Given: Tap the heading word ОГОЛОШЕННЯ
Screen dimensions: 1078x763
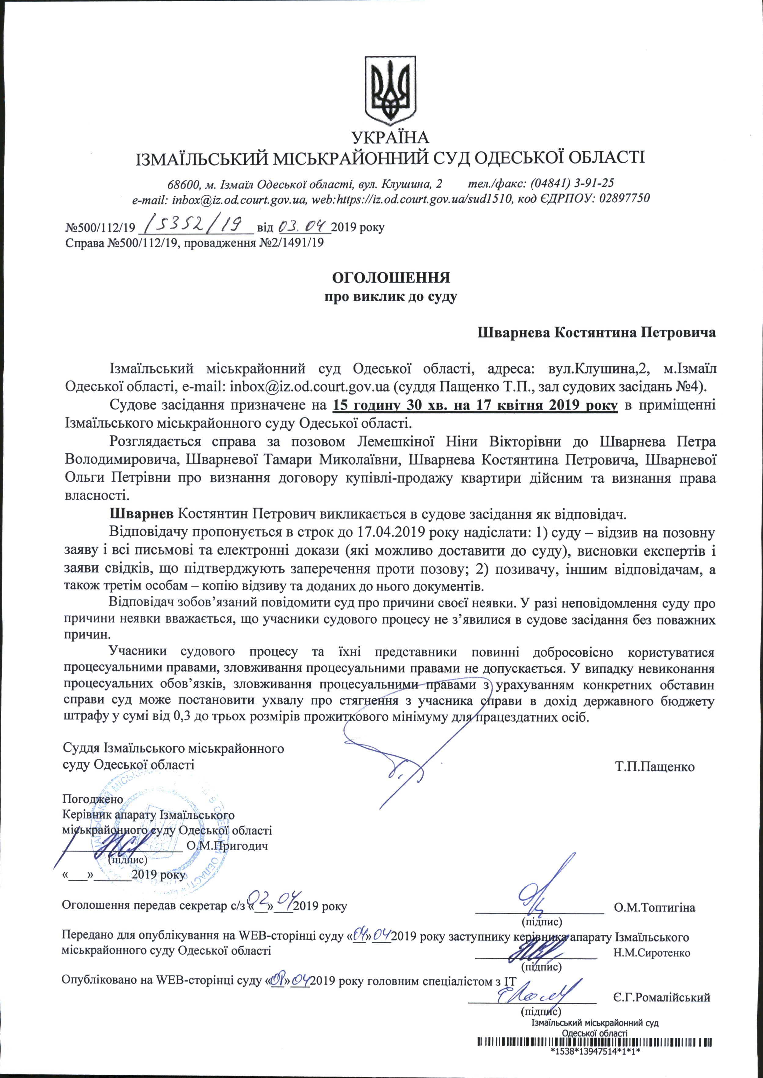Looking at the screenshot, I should tap(391, 277).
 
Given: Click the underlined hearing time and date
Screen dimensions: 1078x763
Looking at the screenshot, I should tap(475, 405).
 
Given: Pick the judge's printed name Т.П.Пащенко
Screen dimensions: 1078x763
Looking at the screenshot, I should tap(655, 767).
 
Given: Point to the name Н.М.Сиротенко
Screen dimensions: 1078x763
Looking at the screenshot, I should tap(652, 953).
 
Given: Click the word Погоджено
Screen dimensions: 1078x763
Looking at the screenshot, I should tap(93, 799).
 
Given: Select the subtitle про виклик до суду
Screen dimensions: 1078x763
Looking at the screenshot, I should tap(391, 297).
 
